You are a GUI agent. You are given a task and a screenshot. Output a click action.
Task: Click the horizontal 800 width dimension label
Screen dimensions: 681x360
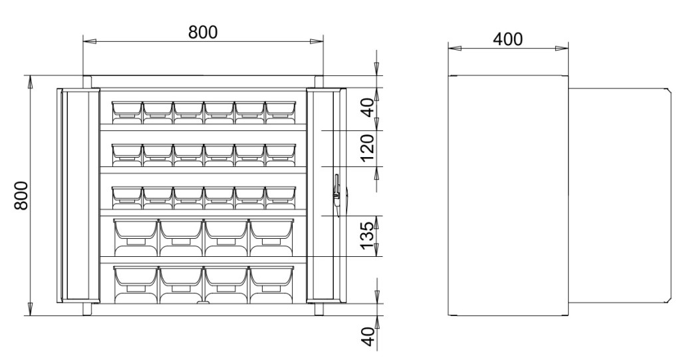click(x=203, y=32)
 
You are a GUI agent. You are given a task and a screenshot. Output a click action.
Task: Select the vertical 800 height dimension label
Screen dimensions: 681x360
click(x=21, y=196)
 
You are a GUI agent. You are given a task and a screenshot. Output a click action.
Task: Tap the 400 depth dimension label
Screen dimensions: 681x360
click(x=507, y=39)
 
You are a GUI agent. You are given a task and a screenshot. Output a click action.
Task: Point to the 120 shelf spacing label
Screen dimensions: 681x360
click(x=367, y=147)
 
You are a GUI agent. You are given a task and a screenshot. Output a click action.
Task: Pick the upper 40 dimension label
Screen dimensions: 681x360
click(x=367, y=108)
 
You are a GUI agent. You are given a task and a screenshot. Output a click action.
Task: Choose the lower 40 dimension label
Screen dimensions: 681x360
click(x=367, y=337)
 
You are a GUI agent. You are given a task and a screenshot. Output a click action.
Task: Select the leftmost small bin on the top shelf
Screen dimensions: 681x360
click(x=127, y=112)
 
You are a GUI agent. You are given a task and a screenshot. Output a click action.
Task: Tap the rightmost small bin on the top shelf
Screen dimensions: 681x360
click(x=281, y=112)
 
